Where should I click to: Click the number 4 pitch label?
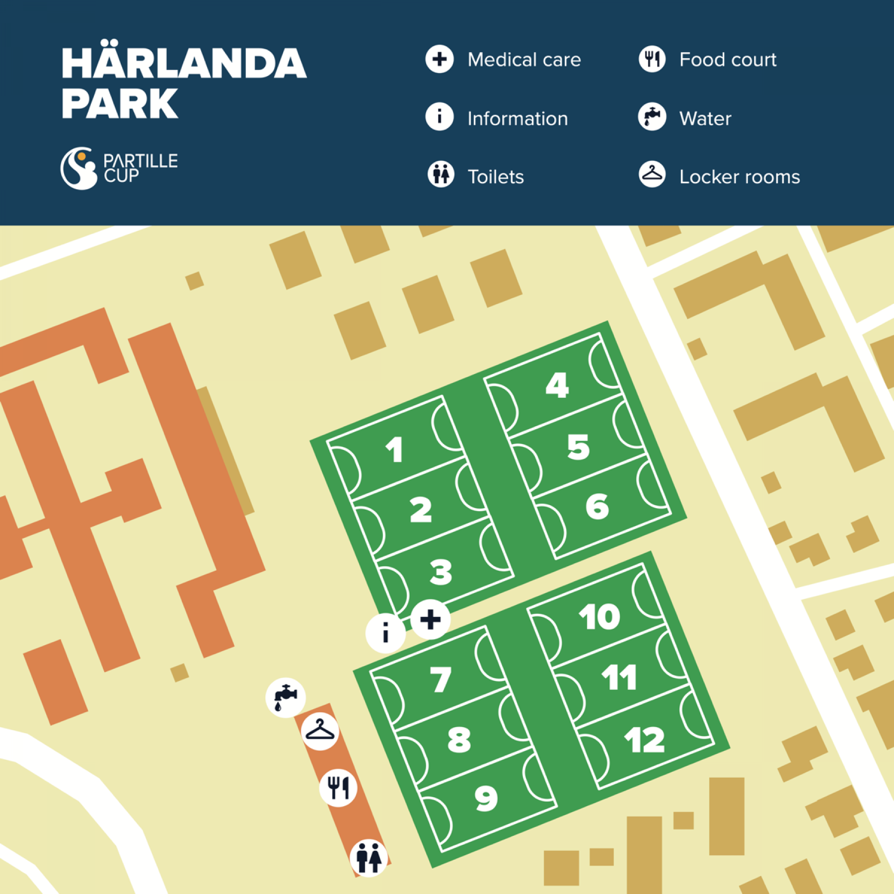point(557,385)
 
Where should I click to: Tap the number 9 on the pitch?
point(486,798)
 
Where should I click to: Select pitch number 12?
point(644,740)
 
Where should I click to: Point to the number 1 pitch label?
point(394,450)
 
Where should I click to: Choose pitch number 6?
point(597,507)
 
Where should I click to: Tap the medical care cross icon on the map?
point(430,619)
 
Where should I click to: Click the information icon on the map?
point(385,633)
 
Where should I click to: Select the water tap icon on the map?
point(286,697)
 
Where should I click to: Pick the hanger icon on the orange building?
point(320,731)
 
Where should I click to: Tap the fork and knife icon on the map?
point(338,787)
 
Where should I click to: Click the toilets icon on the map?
point(369,858)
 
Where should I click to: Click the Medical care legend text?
point(524,60)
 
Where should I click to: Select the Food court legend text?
point(728,60)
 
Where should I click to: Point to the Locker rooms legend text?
point(740,177)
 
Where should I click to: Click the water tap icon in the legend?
point(652,117)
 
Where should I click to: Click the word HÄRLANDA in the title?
point(184,64)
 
